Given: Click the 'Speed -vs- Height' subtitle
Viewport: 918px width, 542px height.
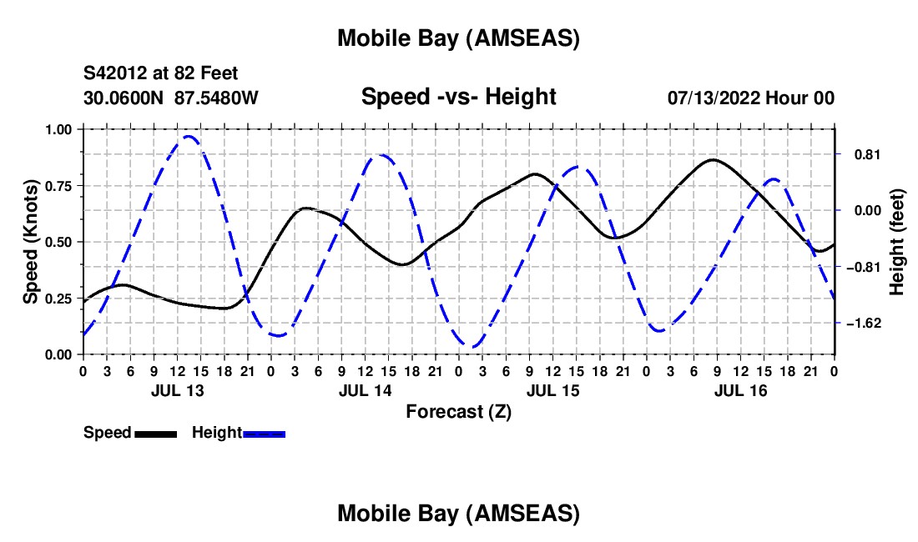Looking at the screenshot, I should point(458,97).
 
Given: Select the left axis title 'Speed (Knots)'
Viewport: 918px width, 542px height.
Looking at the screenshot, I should point(31,242).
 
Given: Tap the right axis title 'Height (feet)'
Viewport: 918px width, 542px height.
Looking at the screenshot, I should point(897,243).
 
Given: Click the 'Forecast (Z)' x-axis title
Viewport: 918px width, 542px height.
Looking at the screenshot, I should point(458,411).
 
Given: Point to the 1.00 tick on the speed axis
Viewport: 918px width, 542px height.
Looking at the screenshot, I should point(58,129).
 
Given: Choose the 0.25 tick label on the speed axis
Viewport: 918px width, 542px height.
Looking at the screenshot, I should point(58,299).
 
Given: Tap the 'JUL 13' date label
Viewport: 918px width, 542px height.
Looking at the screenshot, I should point(176,390).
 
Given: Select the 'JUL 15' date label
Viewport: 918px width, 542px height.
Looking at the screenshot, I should point(552,390).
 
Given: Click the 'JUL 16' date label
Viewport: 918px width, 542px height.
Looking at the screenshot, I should point(740,390).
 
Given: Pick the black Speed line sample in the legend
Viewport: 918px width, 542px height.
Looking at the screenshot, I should point(155,434).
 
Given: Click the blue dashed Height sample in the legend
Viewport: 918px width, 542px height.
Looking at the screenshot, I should point(264,434).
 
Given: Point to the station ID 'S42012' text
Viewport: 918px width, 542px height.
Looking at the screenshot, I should point(114,73).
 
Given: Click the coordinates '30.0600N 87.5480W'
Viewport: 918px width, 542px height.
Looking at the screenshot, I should point(171,98).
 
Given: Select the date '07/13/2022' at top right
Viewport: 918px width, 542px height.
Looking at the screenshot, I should point(713,98).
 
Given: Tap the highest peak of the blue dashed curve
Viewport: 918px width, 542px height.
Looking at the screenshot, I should point(189,136).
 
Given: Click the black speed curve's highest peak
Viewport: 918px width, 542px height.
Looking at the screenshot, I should point(712,159).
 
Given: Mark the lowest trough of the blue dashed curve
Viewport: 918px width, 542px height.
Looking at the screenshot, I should point(472,347).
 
